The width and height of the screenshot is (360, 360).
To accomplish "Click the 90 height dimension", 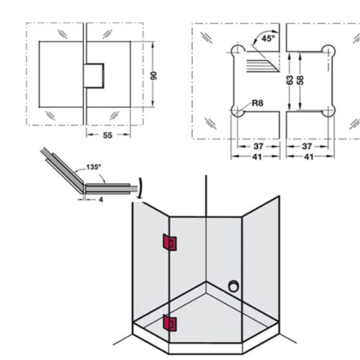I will pyautogui.click(x=153, y=76).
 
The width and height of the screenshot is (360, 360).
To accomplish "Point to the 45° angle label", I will pyautogui.click(x=269, y=39).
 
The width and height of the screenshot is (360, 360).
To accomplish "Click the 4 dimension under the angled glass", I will pyautogui.click(x=100, y=200).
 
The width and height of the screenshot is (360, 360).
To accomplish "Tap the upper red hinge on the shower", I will pyautogui.click(x=168, y=244).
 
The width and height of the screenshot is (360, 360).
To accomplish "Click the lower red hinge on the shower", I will pyautogui.click(x=168, y=324).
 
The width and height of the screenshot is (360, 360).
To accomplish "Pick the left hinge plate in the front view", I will pyautogui.click(x=61, y=76).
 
